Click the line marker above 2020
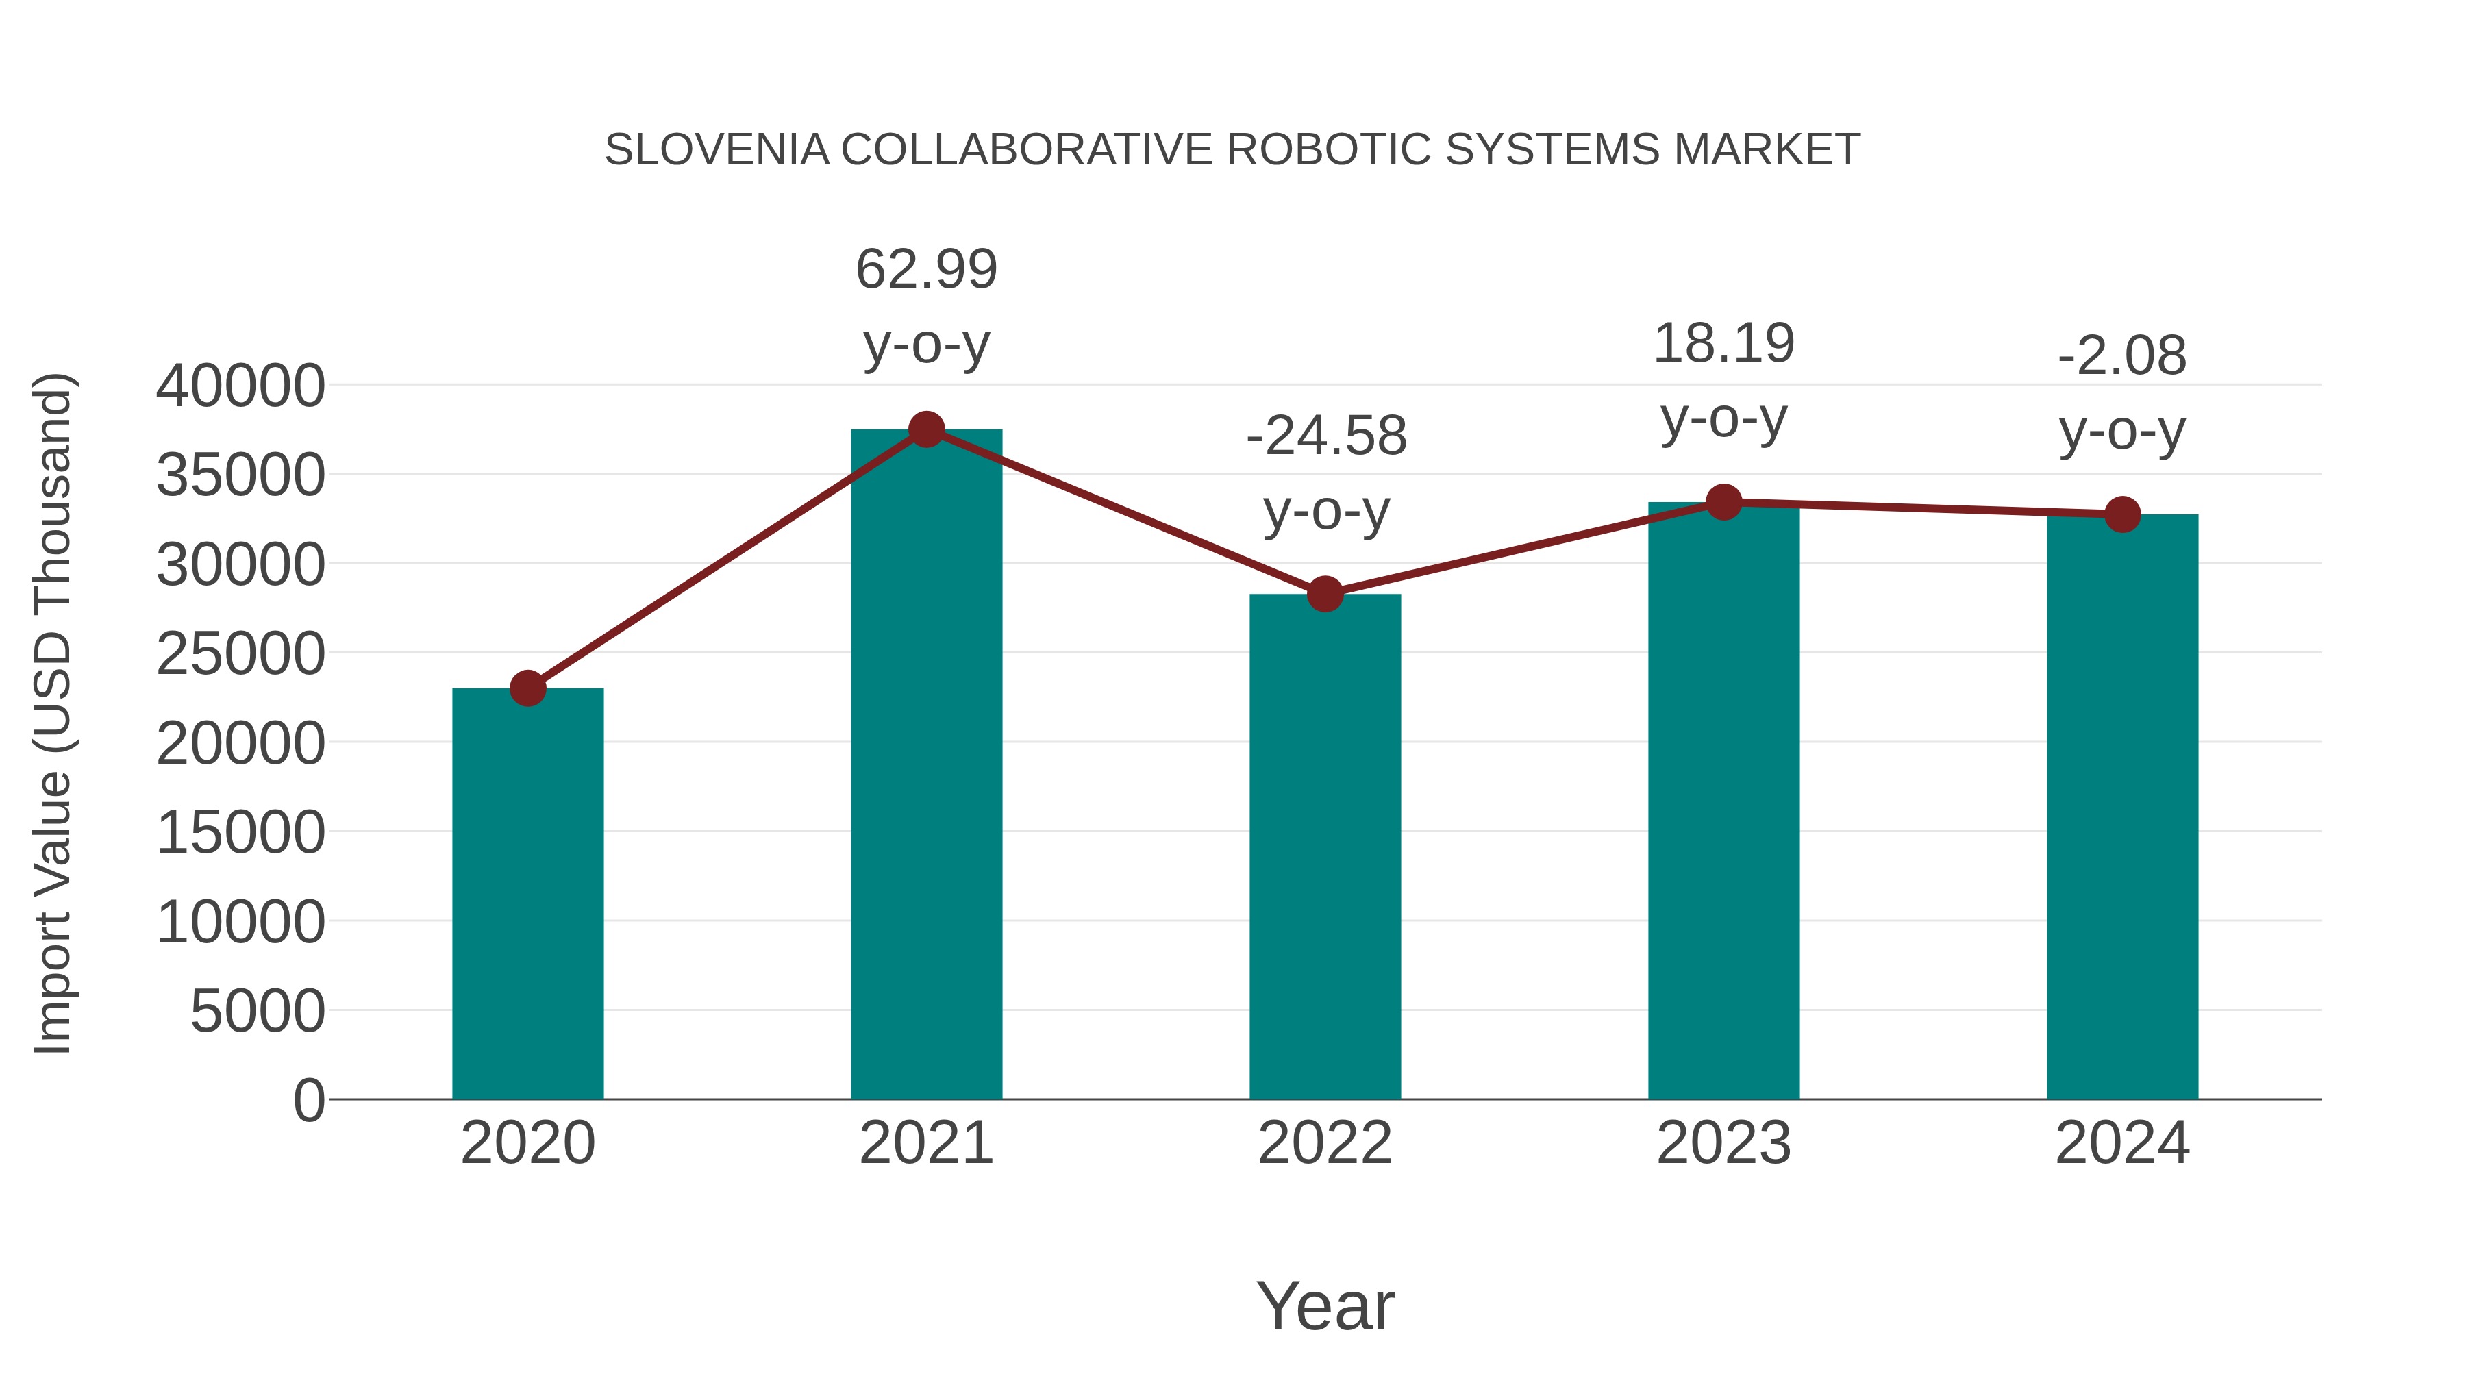[527, 688]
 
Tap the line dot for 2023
[1723, 501]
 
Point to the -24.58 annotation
[1326, 436]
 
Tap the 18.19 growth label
[1723, 344]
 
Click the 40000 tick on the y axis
[240, 387]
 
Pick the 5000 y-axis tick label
[258, 1012]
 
